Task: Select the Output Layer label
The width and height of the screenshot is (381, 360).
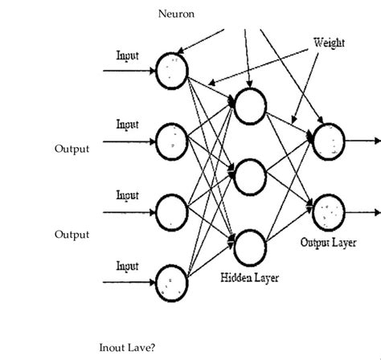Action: click(x=329, y=241)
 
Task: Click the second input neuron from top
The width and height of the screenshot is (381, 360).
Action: click(x=172, y=141)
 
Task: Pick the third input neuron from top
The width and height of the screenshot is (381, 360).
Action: click(x=172, y=211)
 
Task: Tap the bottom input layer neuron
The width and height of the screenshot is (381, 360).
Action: click(x=172, y=281)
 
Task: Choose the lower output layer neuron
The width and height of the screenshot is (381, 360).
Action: click(x=329, y=211)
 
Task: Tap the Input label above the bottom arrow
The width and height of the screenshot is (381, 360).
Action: click(x=128, y=266)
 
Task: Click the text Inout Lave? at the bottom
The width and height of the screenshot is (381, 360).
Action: click(x=126, y=348)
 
